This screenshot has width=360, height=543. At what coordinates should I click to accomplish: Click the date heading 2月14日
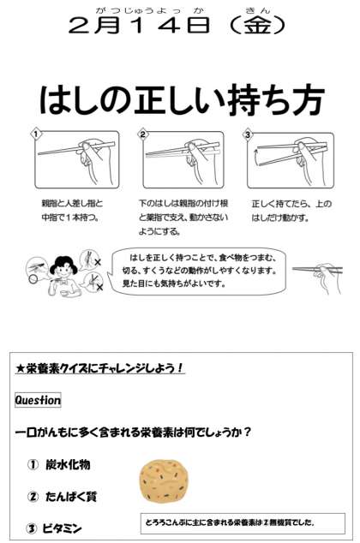139,26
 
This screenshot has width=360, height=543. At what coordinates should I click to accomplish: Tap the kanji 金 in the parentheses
257,26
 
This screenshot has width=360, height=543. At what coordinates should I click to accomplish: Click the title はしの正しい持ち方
182,99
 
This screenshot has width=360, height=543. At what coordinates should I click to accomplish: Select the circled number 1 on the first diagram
36,134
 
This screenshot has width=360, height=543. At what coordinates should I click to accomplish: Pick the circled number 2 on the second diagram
143,134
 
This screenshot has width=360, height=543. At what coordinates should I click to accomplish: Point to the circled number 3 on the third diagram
247,134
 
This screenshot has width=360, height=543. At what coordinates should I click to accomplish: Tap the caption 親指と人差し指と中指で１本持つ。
72,210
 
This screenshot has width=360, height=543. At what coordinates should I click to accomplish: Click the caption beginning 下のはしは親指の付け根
183,218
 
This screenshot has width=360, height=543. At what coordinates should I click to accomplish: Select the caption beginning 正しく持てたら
291,211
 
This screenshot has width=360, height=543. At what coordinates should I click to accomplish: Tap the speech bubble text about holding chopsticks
200,270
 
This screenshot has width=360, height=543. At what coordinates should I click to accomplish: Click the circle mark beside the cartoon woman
33,278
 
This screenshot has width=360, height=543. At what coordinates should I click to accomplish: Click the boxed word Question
38,400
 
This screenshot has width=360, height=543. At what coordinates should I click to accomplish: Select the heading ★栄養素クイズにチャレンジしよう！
99,368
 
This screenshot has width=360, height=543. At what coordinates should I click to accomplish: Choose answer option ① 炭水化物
59,465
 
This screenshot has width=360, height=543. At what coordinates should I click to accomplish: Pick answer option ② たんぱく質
63,497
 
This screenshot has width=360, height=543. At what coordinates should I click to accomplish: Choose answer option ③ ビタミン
55,528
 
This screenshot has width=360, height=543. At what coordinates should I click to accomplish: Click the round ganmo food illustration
165,482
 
